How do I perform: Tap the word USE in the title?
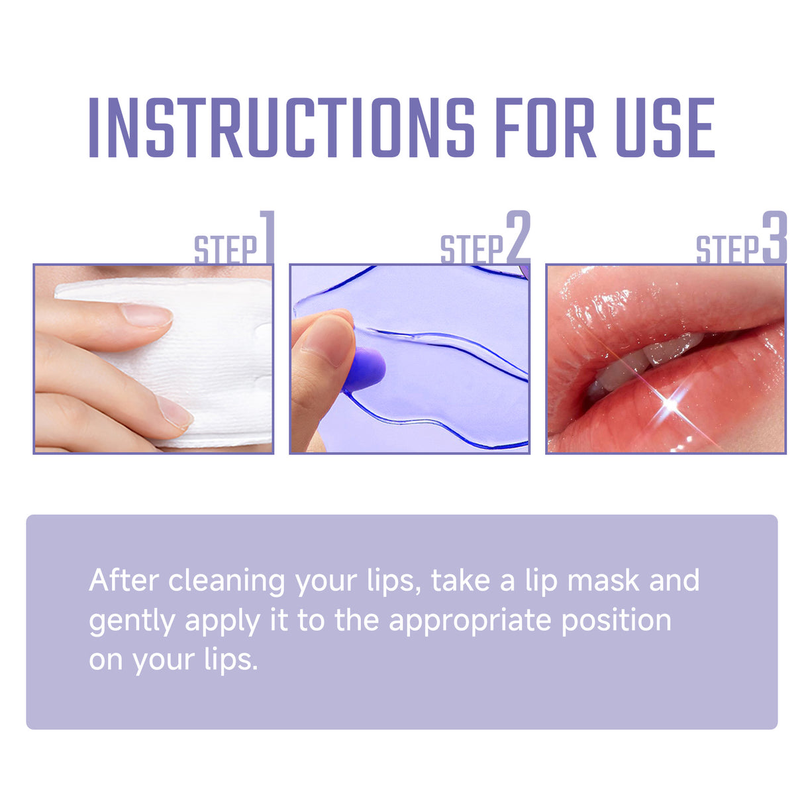[x=665, y=128]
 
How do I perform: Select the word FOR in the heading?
[x=545, y=128]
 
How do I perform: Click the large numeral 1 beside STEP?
[x=267, y=237]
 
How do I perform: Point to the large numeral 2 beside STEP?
[x=518, y=237]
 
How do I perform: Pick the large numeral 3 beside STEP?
[x=774, y=237]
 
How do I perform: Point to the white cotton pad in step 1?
[x=219, y=358]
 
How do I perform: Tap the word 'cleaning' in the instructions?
[x=226, y=581]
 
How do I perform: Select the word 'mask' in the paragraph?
[x=603, y=581]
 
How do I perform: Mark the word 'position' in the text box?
[x=616, y=622]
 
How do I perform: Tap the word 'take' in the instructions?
[x=460, y=581]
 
